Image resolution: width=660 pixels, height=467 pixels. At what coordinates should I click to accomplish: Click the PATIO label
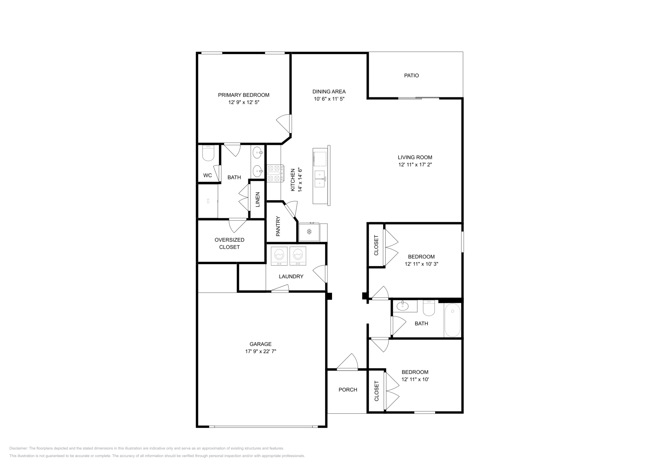411,75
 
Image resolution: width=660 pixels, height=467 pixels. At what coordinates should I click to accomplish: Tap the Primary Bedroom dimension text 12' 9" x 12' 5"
244,102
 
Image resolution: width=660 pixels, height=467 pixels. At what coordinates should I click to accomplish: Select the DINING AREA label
329,92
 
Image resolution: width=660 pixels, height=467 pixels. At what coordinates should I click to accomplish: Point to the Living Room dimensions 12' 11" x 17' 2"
415,165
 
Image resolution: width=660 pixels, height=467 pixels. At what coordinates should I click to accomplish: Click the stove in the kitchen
276,174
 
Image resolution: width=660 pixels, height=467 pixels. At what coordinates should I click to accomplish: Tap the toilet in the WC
208,153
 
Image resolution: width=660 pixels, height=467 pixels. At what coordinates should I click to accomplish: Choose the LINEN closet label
257,200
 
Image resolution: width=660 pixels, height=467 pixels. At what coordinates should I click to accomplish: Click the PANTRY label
278,226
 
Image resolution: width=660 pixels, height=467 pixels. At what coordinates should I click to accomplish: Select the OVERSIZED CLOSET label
229,243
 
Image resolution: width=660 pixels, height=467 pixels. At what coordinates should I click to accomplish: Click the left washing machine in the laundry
279,256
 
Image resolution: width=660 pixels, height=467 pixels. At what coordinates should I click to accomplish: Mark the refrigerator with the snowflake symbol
309,232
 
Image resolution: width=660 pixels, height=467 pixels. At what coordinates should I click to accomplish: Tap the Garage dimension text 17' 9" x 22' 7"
260,351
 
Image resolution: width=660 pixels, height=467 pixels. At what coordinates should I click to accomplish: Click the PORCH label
348,389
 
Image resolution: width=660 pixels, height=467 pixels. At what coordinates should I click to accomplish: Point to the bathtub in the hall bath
452,320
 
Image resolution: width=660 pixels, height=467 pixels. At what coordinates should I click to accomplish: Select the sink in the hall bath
403,307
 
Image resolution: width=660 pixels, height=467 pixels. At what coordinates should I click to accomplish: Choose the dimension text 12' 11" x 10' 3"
421,264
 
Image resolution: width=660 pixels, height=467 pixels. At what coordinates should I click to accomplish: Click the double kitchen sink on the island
320,179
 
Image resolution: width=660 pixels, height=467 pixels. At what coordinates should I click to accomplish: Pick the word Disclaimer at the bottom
18,448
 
